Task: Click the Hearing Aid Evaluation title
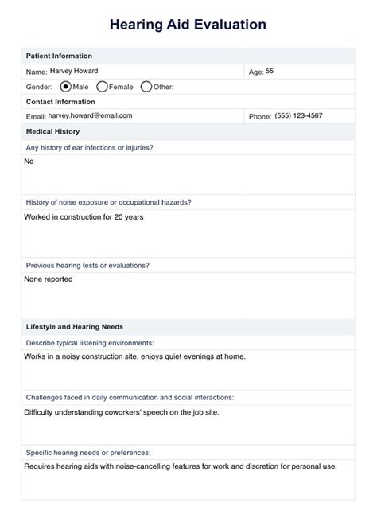[x=188, y=25]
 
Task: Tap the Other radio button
[x=146, y=86]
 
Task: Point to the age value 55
[x=270, y=71]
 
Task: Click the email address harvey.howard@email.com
[x=90, y=116]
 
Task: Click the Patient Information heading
[x=59, y=56]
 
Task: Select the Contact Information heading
[x=60, y=102]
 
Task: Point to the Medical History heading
[x=52, y=131]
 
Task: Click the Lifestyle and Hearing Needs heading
[x=74, y=326]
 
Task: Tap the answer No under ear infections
[x=29, y=161]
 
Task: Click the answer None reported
[x=49, y=279]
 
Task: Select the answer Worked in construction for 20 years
[x=84, y=216]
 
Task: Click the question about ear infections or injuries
[x=89, y=147]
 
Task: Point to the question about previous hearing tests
[x=87, y=264]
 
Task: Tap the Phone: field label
[x=260, y=117]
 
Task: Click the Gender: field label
[x=39, y=87]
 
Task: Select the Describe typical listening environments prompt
[x=89, y=342]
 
